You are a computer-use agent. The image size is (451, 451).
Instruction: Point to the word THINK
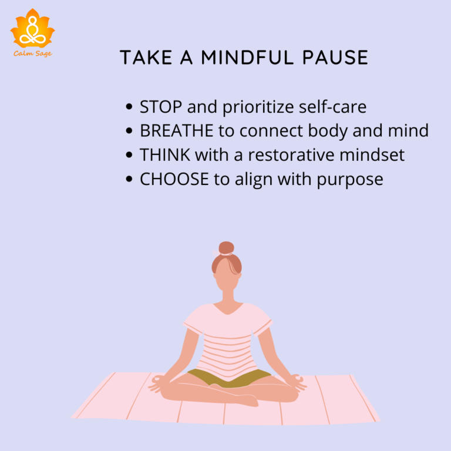[165, 155]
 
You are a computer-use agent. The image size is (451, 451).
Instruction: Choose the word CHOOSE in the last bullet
[174, 179]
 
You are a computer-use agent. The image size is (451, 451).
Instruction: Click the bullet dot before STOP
[129, 108]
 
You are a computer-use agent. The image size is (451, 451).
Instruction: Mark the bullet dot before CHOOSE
[129, 180]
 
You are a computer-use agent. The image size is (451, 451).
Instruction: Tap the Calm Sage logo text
[32, 53]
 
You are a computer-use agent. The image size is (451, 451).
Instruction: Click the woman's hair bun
[226, 248]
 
